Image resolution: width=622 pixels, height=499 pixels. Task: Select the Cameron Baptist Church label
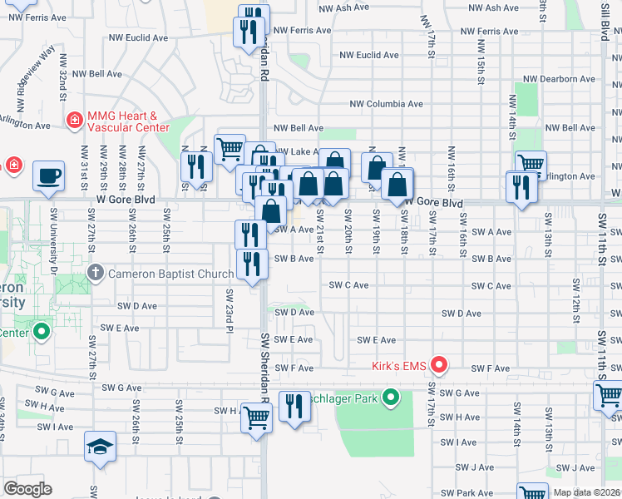[170, 274]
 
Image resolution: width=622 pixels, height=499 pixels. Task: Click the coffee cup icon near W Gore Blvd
[48, 175]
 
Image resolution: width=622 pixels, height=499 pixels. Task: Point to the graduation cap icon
[100, 446]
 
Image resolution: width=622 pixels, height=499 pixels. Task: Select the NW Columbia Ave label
[386, 104]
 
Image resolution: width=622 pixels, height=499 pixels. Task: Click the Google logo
[27, 489]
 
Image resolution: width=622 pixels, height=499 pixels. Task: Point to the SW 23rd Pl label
[228, 307]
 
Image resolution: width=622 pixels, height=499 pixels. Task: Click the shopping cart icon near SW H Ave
[256, 418]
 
